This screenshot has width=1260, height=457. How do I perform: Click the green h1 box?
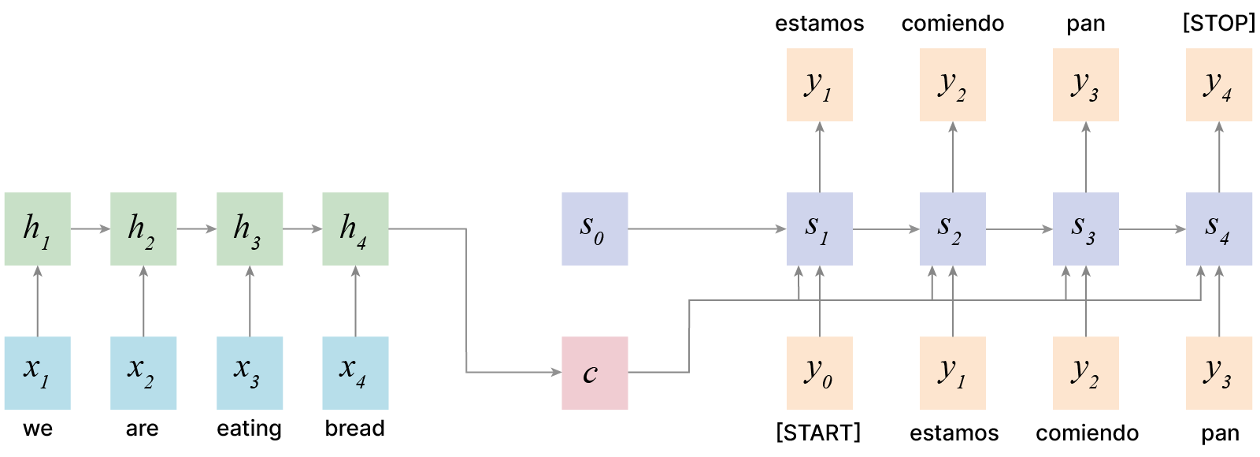point(37,228)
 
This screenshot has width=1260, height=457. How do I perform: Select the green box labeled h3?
point(250,228)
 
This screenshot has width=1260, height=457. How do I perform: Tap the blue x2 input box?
point(143,373)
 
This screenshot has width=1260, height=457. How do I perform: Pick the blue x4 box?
point(355,373)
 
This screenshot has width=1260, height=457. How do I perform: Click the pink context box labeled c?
point(595,373)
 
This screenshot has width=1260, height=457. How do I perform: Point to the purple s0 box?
point(595,228)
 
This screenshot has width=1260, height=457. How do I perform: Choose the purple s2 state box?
point(952,228)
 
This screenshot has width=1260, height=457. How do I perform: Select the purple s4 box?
point(1219,228)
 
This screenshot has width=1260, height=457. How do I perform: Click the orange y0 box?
point(819,373)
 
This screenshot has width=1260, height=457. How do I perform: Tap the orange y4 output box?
point(1219,84)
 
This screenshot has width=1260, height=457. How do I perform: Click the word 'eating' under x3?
point(249,429)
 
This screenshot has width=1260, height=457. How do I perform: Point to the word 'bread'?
point(355,429)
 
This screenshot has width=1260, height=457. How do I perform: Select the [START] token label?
point(818,433)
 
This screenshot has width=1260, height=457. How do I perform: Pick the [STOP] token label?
point(1218,23)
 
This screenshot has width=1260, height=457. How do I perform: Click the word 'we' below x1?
point(38,429)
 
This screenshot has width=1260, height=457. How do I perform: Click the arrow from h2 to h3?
point(196,229)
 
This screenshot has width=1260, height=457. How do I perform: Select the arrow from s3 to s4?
point(1152,229)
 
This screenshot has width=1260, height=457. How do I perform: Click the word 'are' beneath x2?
point(143,429)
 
